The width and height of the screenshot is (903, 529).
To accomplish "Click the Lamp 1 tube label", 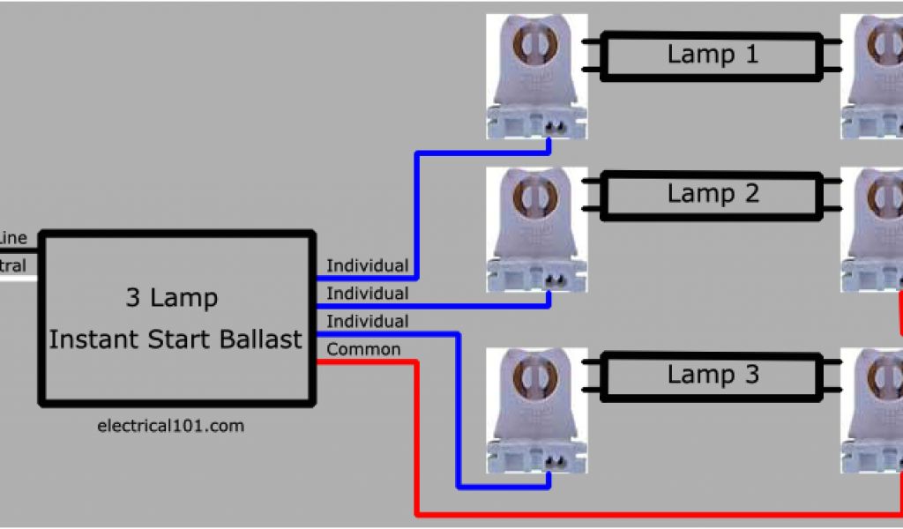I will [713, 55].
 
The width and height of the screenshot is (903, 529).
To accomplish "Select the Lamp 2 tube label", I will [713, 193].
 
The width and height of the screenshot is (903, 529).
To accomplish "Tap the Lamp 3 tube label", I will [713, 375].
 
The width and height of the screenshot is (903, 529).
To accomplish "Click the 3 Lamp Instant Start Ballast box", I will [176, 317].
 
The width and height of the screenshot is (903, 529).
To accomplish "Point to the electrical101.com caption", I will [171, 426].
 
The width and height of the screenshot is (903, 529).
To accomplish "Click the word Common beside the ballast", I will [363, 350].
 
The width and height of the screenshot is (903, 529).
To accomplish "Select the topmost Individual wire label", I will [367, 265].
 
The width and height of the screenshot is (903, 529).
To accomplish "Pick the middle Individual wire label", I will [367, 294].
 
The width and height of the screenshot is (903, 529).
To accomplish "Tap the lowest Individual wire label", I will [367, 322].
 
